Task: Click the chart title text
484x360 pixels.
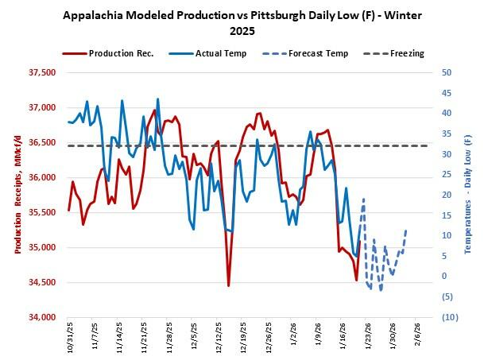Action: pyautogui.click(x=242, y=23)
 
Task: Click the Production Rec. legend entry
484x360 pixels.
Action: pyautogui.click(x=119, y=53)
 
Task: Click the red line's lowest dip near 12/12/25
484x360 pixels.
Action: pyautogui.click(x=228, y=285)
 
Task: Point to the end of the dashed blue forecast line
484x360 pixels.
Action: pyautogui.click(x=406, y=230)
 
